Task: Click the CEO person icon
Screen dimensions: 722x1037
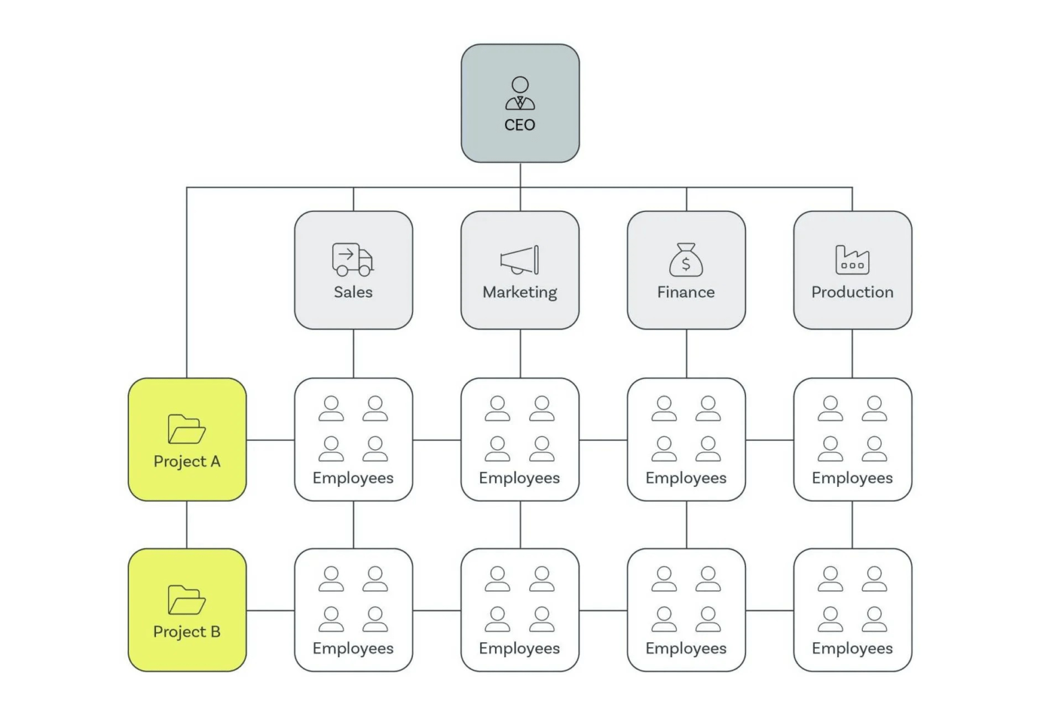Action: pos(520,94)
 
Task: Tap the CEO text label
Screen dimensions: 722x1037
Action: pos(520,126)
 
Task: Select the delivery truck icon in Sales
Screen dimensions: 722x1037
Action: pos(352,260)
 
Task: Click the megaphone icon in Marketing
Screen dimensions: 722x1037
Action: pos(520,260)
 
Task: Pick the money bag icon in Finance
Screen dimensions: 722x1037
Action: pos(686,260)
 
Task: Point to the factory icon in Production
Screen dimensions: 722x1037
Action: pos(852,260)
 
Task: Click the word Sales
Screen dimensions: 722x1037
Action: pos(353,292)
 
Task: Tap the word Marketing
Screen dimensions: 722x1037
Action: pos(520,292)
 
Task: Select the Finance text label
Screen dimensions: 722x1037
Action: pos(686,292)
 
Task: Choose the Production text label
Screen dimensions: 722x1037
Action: pos(852,292)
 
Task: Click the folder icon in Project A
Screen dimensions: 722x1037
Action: pos(186,429)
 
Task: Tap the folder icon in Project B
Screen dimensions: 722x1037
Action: pos(186,600)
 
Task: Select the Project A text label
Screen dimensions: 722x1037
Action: pos(187,462)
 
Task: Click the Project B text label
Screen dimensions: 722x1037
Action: pos(187,632)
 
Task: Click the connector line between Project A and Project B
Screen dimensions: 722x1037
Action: pos(187,525)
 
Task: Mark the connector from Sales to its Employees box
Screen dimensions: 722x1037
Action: pos(354,353)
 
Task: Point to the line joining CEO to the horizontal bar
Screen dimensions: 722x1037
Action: pos(521,175)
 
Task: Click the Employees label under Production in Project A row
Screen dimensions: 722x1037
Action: pos(852,478)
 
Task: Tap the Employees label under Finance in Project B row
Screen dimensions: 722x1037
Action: pos(686,648)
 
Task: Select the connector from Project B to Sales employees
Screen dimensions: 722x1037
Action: pos(270,611)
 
